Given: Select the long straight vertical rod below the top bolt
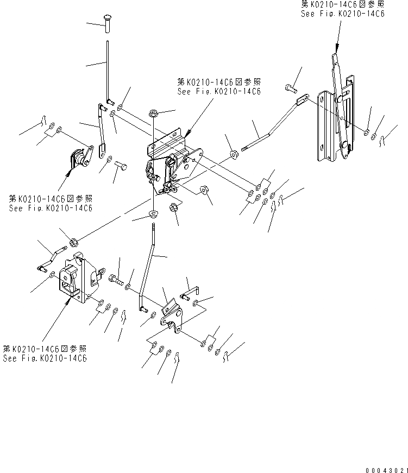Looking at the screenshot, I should tap(109, 68).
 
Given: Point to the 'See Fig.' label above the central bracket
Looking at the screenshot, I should tap(218, 92).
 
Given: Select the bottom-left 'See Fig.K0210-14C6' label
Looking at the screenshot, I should tap(45, 358).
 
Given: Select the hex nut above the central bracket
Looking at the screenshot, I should tap(154, 113).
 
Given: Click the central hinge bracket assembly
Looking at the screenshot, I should tap(168, 163).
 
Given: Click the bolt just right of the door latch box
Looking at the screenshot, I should tap(116, 279).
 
